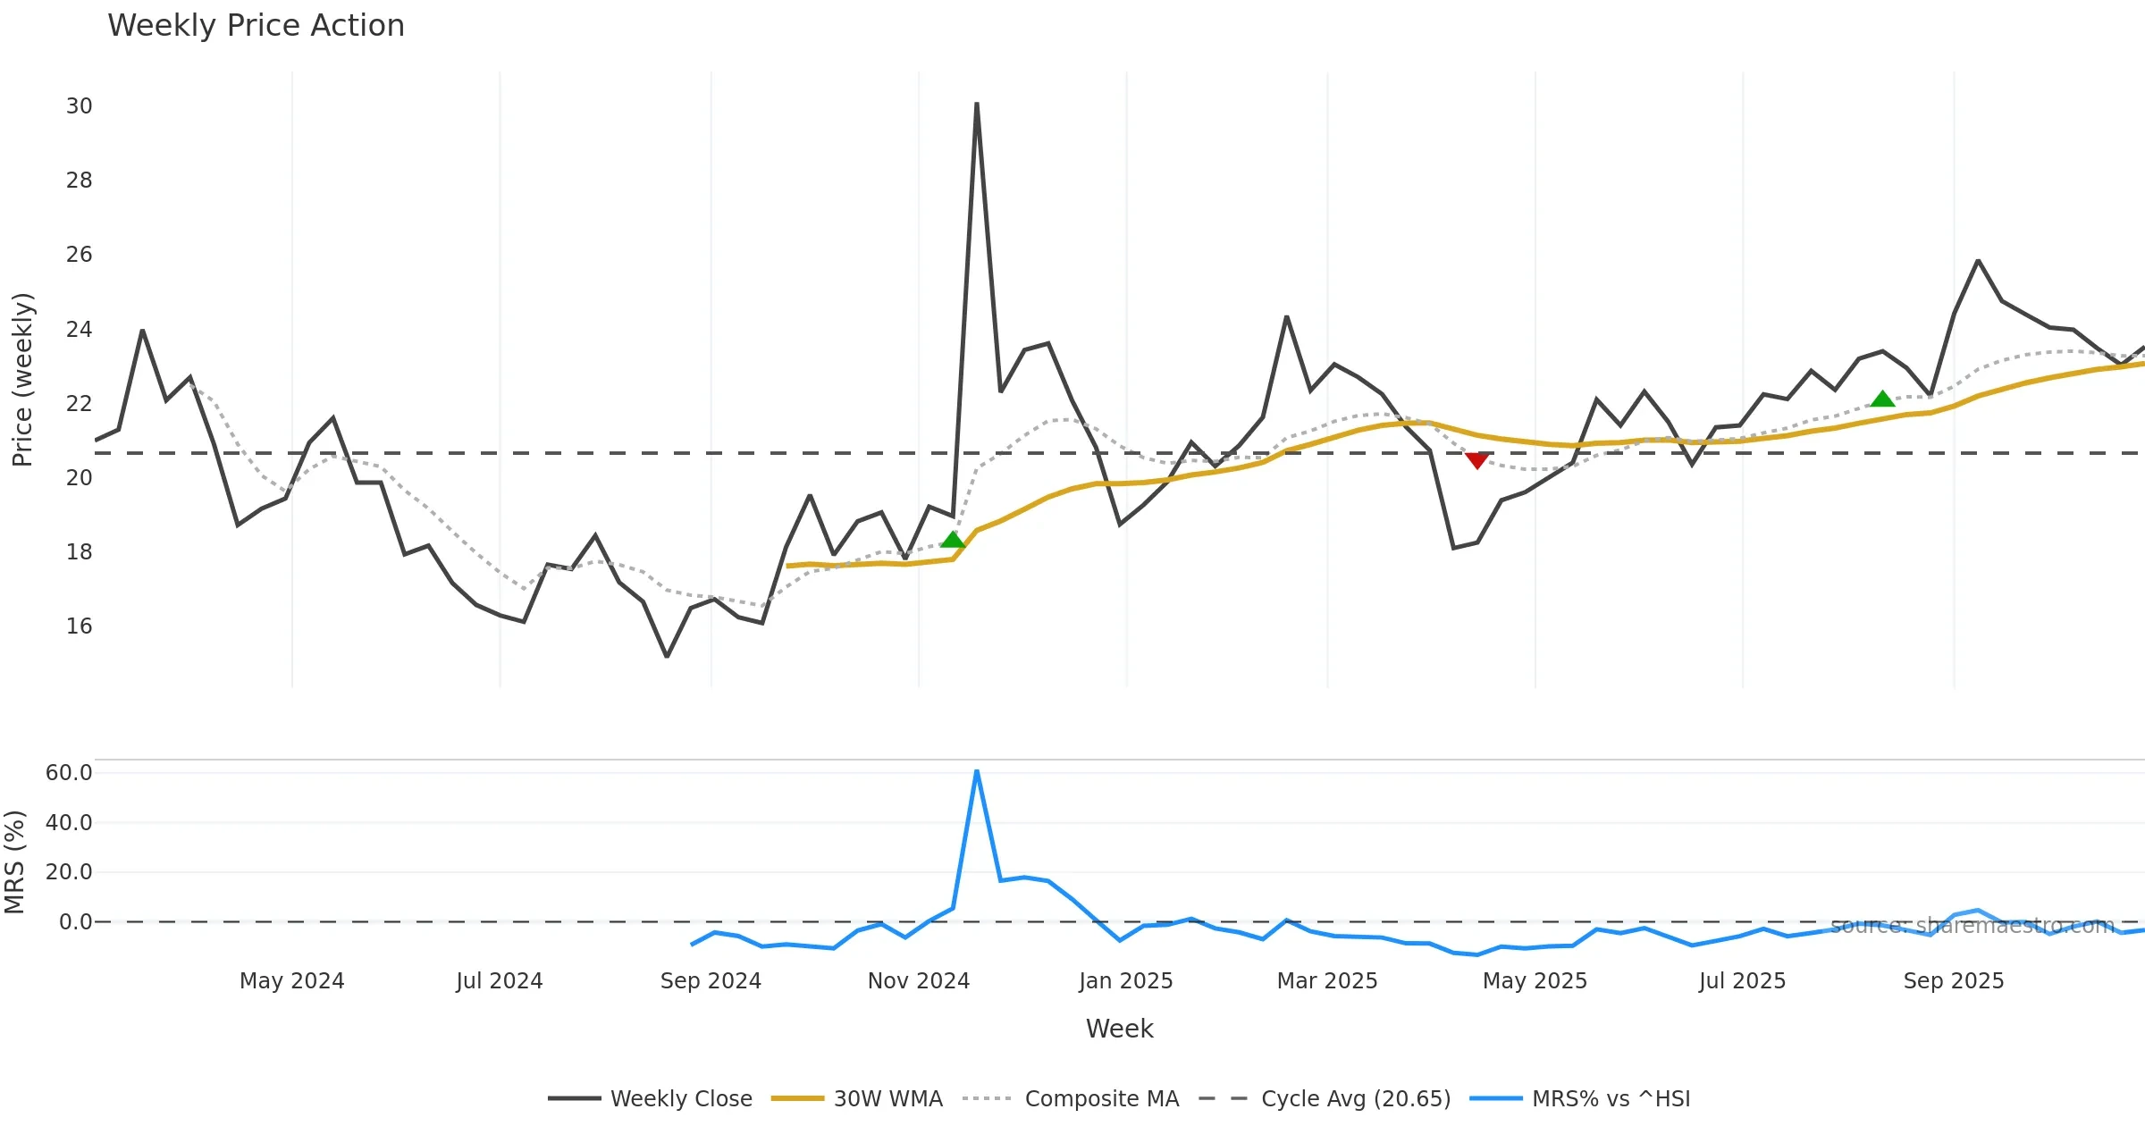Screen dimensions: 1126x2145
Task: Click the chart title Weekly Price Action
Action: pyautogui.click(x=256, y=26)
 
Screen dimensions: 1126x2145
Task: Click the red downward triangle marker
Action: pyautogui.click(x=1476, y=460)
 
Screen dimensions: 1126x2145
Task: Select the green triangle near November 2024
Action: pyautogui.click(x=953, y=540)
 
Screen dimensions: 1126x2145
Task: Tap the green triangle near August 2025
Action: pyautogui.click(x=1882, y=399)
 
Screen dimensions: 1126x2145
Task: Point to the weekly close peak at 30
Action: pyautogui.click(x=977, y=105)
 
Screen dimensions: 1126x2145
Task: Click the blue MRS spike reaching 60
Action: pyautogui.click(x=977, y=772)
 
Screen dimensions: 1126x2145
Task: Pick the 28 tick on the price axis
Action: pyautogui.click(x=79, y=181)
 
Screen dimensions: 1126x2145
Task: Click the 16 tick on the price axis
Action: pyautogui.click(x=79, y=626)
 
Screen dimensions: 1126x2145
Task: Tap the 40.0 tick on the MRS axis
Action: pyautogui.click(x=69, y=823)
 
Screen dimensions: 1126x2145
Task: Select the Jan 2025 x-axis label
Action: pyautogui.click(x=1125, y=981)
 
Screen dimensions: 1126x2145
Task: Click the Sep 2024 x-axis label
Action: pyautogui.click(x=711, y=981)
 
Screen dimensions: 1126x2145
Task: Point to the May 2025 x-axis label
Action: pyautogui.click(x=1535, y=981)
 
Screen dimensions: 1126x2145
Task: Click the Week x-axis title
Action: pyautogui.click(x=1119, y=1029)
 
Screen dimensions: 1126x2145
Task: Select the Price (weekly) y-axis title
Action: pyautogui.click(x=22, y=380)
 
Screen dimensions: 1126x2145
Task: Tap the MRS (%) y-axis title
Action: pyautogui.click(x=14, y=862)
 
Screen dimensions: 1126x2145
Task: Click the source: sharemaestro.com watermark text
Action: pyautogui.click(x=1973, y=926)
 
